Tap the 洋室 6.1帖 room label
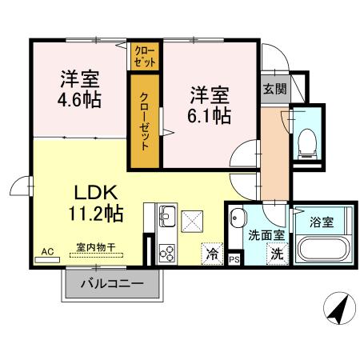[210, 105]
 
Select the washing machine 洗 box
[276, 255]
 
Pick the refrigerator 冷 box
[212, 255]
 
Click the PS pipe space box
[234, 259]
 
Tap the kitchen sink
[167, 217]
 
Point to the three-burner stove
[168, 253]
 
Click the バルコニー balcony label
[112, 284]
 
